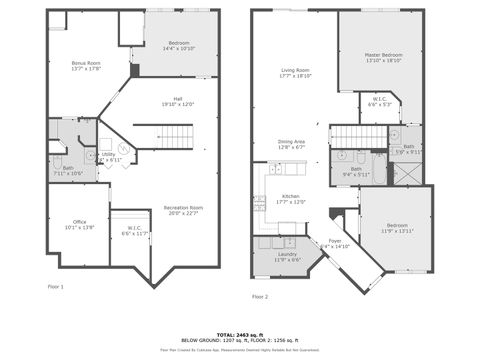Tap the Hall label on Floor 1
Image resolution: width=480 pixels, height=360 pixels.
[x=177, y=101]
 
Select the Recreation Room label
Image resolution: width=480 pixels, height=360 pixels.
[x=183, y=210]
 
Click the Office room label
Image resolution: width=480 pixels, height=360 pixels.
[x=79, y=224]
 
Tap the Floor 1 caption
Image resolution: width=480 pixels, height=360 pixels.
[x=55, y=287]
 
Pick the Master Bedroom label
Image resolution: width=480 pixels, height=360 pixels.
[x=383, y=57]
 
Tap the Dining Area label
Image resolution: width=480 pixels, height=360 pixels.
[x=292, y=145]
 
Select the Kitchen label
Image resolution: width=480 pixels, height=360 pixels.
[x=290, y=198]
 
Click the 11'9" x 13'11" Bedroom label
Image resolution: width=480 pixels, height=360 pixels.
[x=396, y=227]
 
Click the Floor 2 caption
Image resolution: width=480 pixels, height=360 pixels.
[x=260, y=296]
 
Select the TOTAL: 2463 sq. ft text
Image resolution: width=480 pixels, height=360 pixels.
[x=240, y=334]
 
